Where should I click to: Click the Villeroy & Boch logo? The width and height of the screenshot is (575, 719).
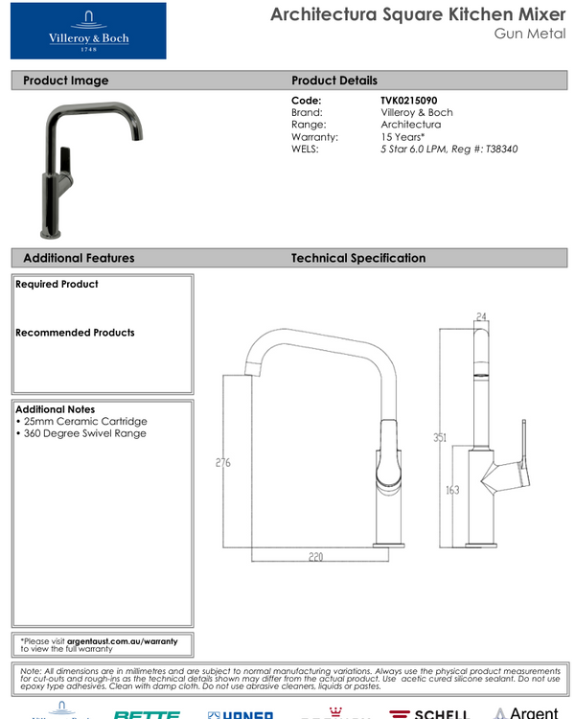point(88,31)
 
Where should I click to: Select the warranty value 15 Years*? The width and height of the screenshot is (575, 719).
point(402,137)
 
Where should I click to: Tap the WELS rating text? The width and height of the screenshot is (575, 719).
point(448,150)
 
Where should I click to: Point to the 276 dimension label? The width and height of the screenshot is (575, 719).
point(222,464)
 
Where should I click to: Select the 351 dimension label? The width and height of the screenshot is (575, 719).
point(440,438)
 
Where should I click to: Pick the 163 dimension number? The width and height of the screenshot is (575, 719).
point(453,490)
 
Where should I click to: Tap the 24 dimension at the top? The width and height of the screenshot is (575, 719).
point(481,315)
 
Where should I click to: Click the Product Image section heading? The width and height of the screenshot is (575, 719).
point(65,81)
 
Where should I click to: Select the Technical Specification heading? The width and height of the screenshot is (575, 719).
point(357,258)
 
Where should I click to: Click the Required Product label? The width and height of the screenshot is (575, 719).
point(57,285)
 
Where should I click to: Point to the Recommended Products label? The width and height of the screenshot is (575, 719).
point(75,333)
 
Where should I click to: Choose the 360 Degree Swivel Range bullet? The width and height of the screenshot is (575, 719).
point(81,434)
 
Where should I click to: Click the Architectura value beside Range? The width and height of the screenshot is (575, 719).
point(410,125)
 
